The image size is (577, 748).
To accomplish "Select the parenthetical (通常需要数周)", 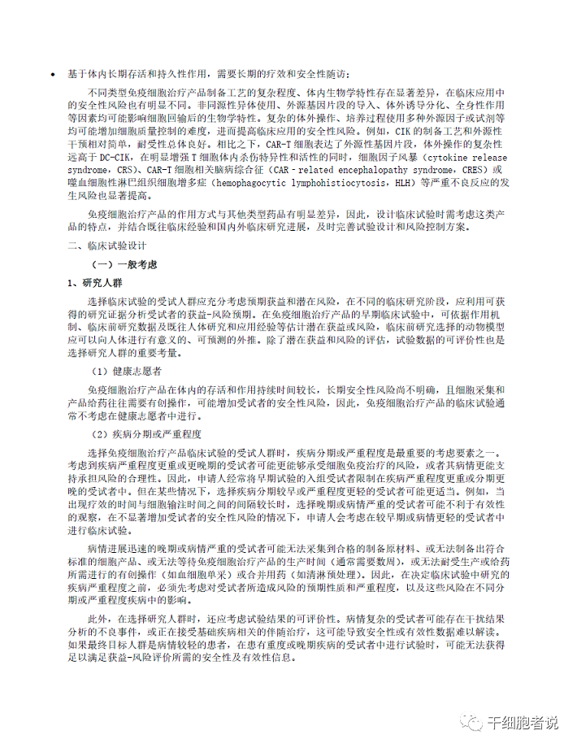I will [367, 560].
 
